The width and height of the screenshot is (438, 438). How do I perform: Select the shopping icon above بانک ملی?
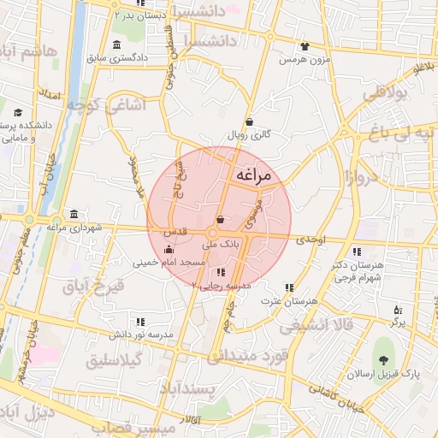coord(221,220)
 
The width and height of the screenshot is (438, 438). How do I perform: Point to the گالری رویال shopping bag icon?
coord(249,121)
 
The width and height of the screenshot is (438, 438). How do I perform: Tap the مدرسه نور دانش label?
coord(141,333)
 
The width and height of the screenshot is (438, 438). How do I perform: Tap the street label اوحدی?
coord(312,241)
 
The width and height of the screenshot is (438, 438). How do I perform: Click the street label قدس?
coord(175,233)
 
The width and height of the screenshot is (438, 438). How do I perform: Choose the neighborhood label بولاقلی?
coord(388,95)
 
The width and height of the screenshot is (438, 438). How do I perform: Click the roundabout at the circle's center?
coord(213,234)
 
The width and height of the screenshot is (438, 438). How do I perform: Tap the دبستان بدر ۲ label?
coord(143,15)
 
